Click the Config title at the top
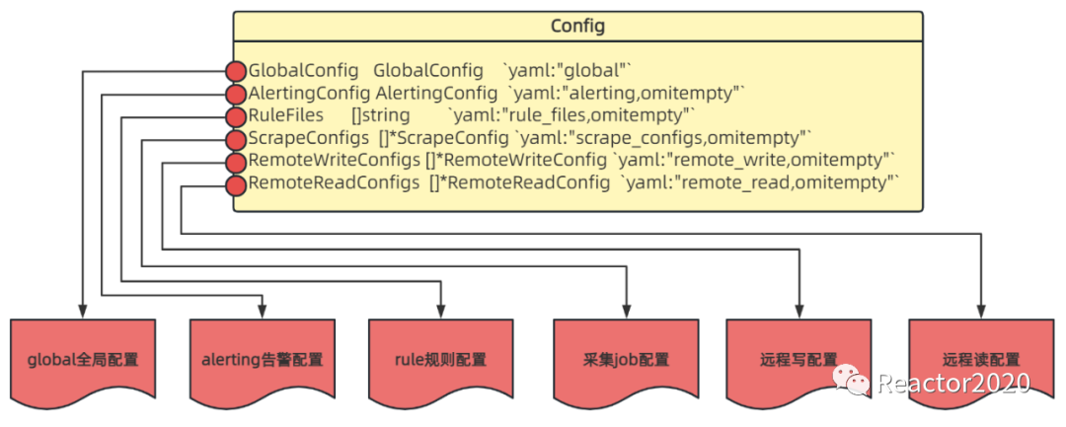pos(577,26)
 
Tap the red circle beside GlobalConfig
pos(236,72)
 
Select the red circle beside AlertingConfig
pos(236,95)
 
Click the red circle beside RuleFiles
pos(236,117)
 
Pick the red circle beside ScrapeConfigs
pos(236,140)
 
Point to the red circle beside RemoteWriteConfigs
pos(236,162)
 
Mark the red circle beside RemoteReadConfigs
pos(236,184)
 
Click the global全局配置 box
pos(83,360)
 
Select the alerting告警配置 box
pos(262,360)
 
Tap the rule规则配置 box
pos(439,360)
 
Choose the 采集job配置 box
pos(626,360)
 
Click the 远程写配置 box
pos(799,360)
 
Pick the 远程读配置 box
pos(980,360)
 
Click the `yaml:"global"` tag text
pos(567,72)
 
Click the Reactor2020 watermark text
pos(953,383)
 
